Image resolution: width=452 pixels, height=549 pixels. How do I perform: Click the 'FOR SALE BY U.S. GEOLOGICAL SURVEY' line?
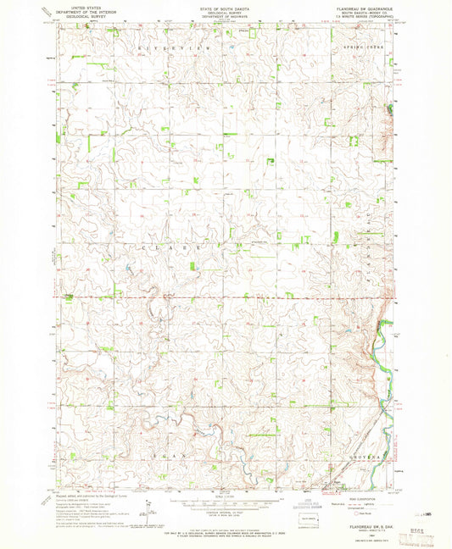coord(225,528)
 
